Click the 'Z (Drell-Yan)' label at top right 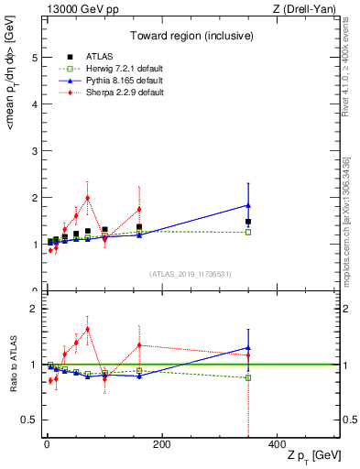click(x=306, y=9)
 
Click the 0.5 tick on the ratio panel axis click(x=31, y=420)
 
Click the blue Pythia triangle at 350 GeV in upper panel click(x=248, y=205)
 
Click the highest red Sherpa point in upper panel click(x=87, y=198)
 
